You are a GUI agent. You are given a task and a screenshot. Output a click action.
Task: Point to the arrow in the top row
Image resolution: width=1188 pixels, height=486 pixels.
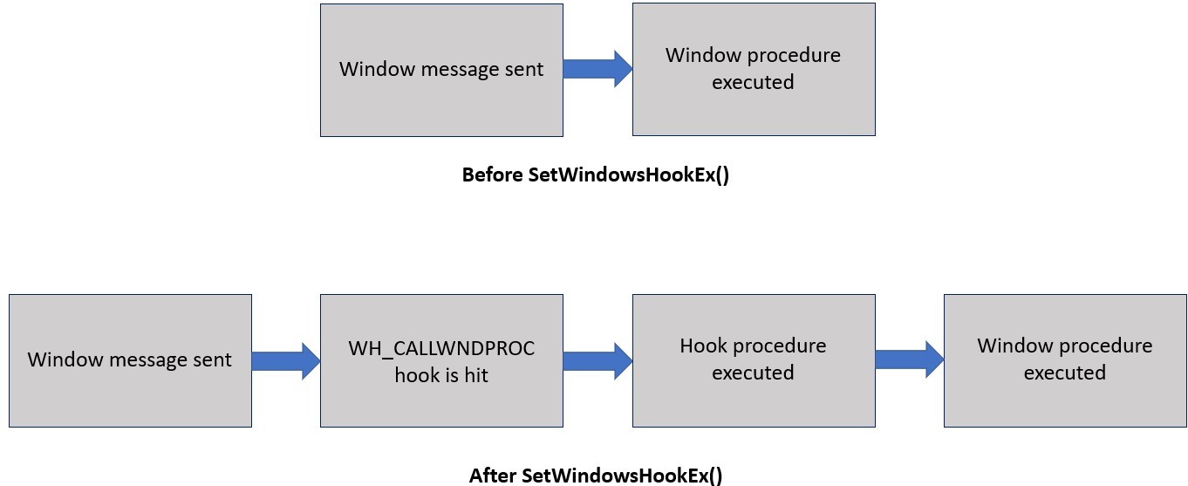(597, 69)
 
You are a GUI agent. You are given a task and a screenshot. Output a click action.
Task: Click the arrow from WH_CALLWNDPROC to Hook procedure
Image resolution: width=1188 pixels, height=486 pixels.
(597, 360)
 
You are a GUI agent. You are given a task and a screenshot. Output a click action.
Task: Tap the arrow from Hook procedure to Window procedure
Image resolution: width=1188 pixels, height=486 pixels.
(909, 359)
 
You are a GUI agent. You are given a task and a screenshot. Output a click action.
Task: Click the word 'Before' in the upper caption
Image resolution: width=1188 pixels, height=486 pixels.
(492, 175)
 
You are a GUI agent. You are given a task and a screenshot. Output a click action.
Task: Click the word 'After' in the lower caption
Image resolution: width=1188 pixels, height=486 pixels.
(493, 476)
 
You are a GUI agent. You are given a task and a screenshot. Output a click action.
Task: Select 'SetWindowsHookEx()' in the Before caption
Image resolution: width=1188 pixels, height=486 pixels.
(628, 175)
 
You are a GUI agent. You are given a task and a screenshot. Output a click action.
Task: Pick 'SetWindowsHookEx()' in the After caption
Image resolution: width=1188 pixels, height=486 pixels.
(622, 476)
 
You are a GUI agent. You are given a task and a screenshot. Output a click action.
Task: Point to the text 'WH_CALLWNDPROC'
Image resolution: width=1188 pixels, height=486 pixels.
(441, 348)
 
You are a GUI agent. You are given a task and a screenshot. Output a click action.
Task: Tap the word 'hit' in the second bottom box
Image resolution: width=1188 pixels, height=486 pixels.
(475, 375)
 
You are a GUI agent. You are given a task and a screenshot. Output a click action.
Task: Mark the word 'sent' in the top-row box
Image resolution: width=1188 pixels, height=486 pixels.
(522, 69)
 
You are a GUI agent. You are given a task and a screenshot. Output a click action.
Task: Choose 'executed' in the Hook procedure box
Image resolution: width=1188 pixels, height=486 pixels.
(753, 373)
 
